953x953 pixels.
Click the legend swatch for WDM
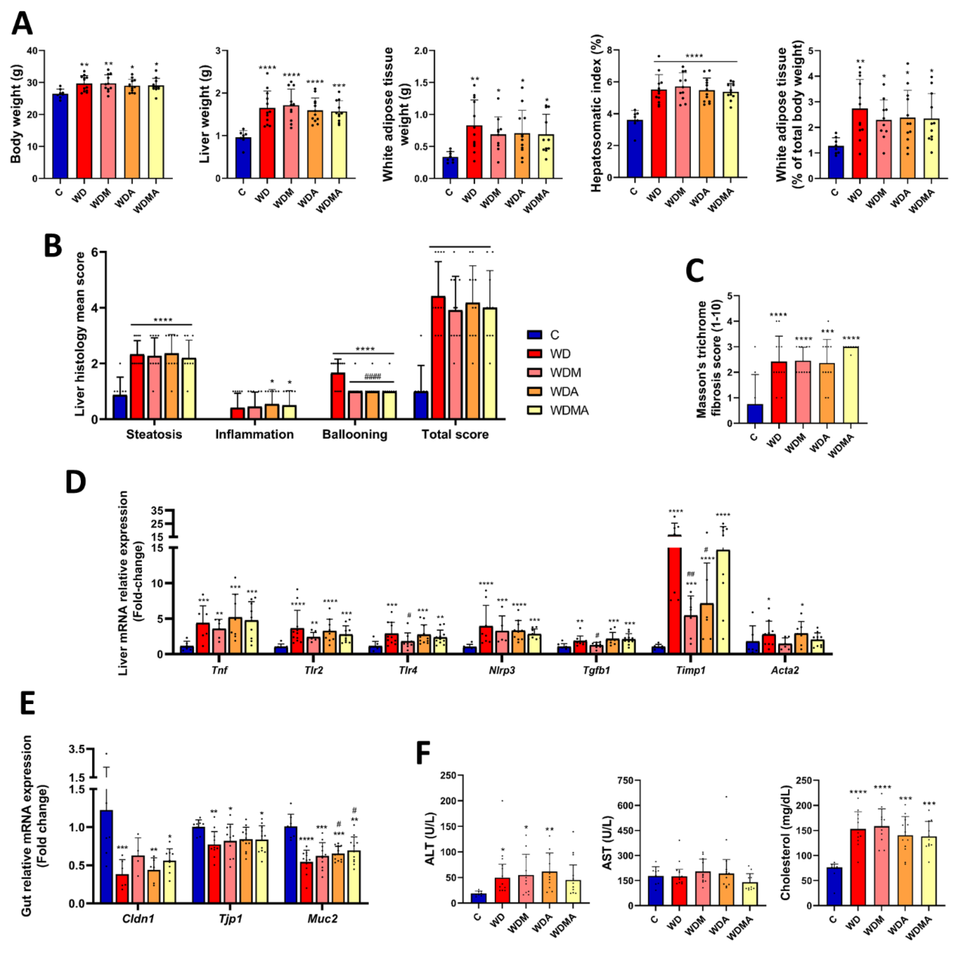[x=535, y=373]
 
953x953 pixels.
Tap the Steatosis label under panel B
[x=154, y=435]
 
